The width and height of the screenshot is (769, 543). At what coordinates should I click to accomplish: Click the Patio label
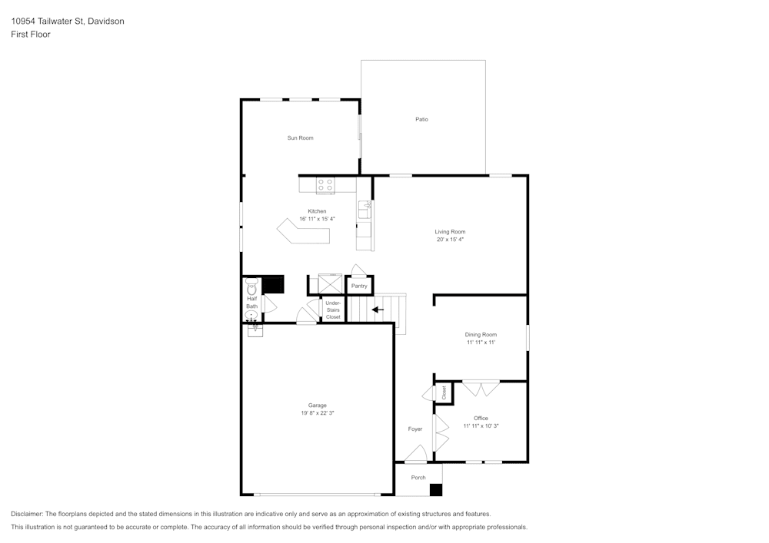pos(421,119)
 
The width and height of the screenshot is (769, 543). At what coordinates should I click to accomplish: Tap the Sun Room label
pos(300,138)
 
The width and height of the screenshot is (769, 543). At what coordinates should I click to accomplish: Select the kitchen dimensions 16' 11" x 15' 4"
pos(317,219)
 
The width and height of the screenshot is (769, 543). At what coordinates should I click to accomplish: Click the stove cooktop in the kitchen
pos(325,184)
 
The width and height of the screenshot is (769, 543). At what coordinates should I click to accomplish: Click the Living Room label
pos(450,231)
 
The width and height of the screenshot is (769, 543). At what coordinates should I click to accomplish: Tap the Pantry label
pos(359,286)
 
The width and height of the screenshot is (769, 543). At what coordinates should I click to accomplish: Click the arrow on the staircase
pos(378,310)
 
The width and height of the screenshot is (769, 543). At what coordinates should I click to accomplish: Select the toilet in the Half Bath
pos(251,288)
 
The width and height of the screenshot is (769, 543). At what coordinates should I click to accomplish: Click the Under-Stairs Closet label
pos(333,310)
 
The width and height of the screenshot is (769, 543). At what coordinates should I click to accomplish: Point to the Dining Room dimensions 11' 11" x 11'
pos(481,343)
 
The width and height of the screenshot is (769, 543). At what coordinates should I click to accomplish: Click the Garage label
pos(317,405)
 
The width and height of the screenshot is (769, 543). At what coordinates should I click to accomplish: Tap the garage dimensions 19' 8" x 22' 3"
pos(317,413)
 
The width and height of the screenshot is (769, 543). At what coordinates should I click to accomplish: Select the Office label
pos(481,418)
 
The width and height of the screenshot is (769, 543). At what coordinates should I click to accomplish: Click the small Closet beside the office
pos(444,392)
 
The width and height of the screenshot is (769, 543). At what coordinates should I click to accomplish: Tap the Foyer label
pos(415,429)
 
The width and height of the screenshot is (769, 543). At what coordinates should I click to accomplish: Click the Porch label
pos(418,478)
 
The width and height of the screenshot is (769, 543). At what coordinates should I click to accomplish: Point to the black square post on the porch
pos(436,489)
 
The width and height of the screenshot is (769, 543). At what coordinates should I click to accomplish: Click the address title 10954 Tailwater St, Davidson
pos(68,22)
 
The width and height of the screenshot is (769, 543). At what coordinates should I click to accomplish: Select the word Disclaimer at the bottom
pos(27,514)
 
